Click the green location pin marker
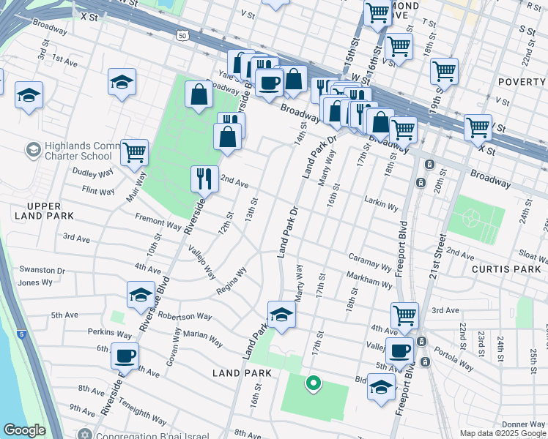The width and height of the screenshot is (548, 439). coord(313,383)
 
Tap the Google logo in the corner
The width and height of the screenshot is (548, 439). coord(24,430)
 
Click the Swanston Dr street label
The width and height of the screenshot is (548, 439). coord(42,270)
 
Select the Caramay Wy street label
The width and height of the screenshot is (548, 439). coord(370,264)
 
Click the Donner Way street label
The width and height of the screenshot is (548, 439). coord(523,424)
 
